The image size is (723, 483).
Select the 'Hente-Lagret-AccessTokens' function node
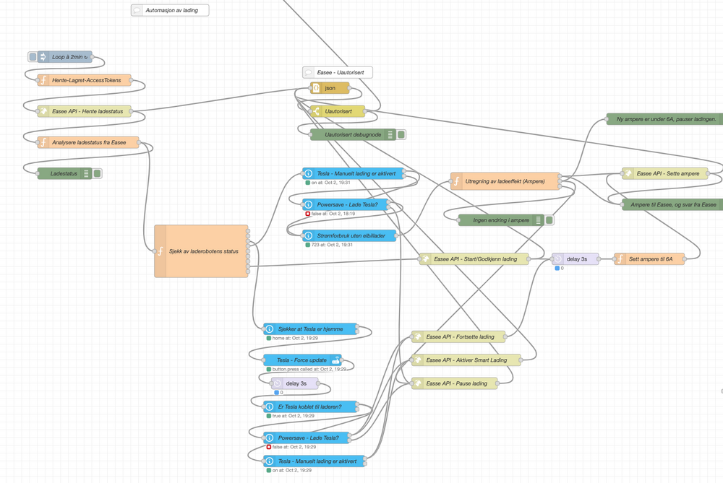click(x=85, y=80)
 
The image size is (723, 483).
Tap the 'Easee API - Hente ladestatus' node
click(x=85, y=111)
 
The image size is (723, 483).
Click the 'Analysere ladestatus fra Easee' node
click(x=87, y=142)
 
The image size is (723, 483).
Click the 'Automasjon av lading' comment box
click(x=169, y=10)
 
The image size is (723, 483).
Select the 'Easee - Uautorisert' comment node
click(x=338, y=72)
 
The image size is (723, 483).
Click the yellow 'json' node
click(x=330, y=88)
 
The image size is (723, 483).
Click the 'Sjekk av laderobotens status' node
click(x=202, y=251)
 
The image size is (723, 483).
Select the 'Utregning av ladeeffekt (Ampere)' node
click(x=505, y=181)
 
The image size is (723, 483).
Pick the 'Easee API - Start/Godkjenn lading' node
click(x=474, y=259)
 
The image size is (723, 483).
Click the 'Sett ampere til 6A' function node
click(x=649, y=259)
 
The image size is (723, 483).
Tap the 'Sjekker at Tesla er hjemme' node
click(x=310, y=329)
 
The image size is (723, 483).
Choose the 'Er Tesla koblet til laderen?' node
click(x=310, y=406)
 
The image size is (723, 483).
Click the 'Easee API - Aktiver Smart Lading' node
click(x=466, y=360)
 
